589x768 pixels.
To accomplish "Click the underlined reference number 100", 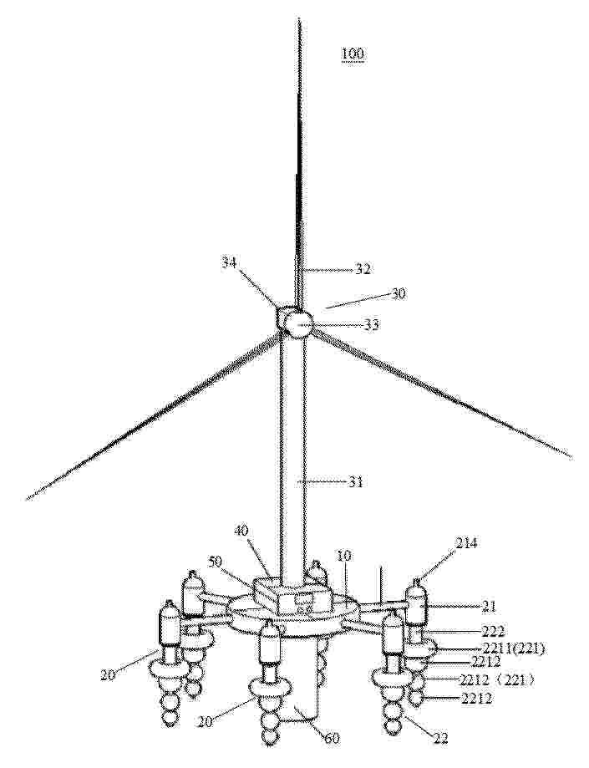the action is pos(353,53).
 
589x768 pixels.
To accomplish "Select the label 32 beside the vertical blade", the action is pos(363,269).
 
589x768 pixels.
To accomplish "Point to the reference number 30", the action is pos(398,294).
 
